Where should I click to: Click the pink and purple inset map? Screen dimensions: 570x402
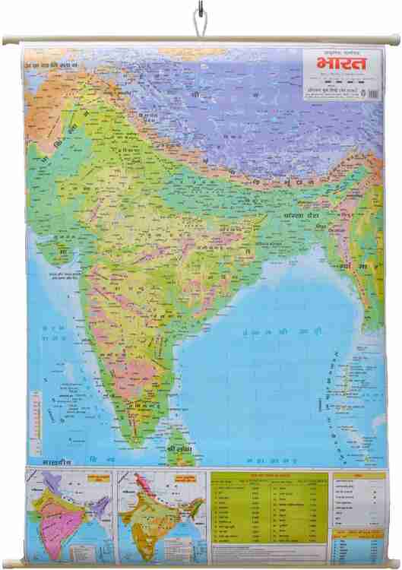coord(69,514)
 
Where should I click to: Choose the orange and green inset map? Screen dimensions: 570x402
coord(160,514)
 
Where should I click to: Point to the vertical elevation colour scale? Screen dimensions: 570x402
coord(36,413)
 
